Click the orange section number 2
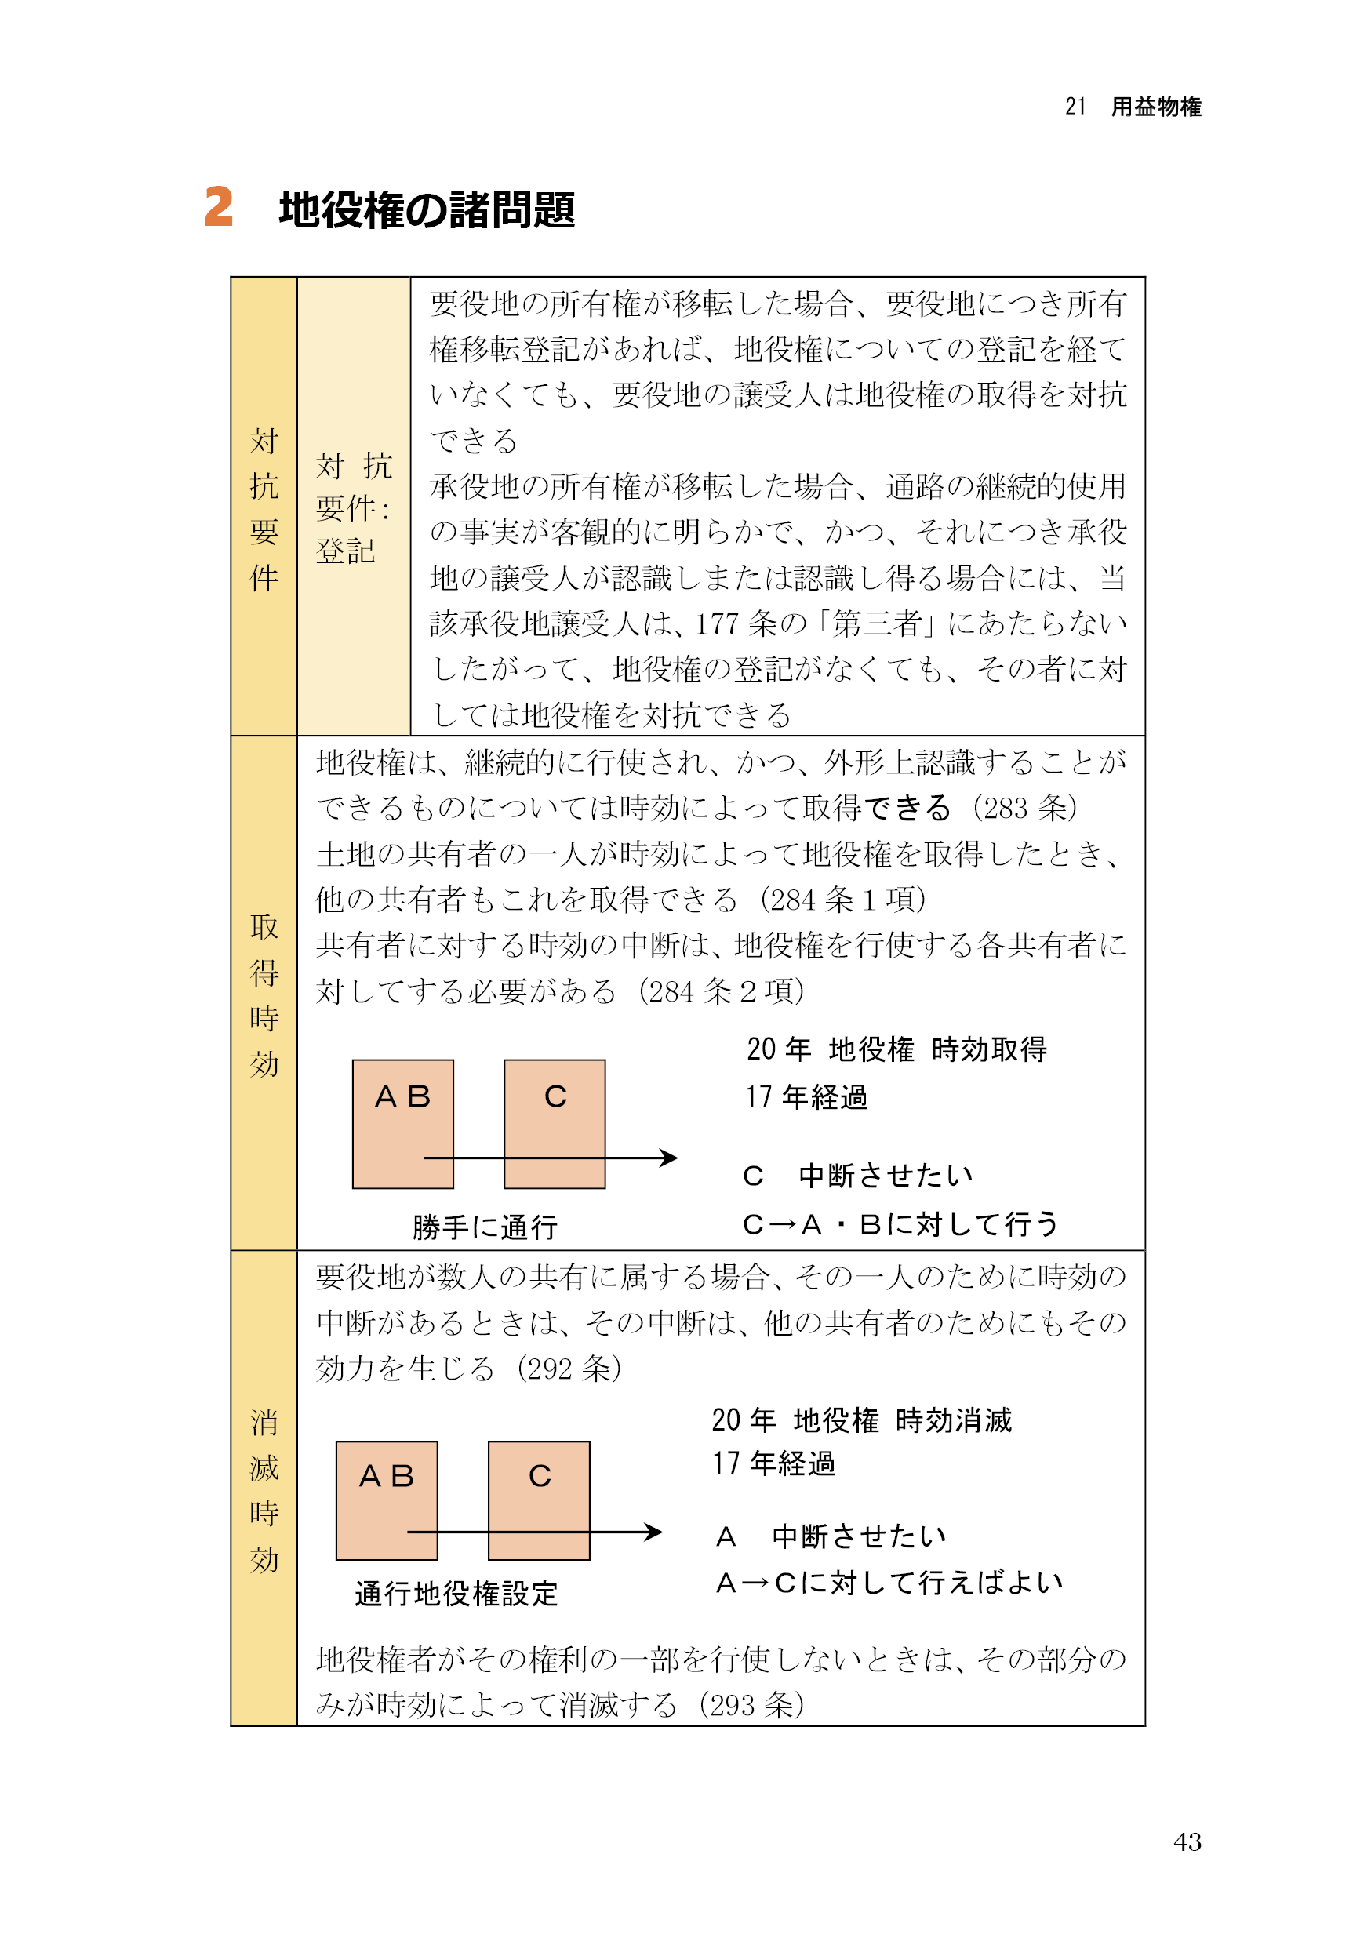219,208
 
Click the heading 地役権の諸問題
427,210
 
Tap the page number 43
1186,1841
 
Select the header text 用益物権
1156,107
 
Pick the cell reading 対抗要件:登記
354,508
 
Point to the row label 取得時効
264,994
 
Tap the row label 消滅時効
264,1490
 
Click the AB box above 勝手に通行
402,1123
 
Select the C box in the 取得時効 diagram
555,1123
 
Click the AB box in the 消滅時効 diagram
387,1500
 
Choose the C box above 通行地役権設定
539,1500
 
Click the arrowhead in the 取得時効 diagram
669,1157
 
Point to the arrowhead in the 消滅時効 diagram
654,1532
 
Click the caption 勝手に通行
485,1227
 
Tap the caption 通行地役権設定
456,1594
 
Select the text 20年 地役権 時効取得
896,1049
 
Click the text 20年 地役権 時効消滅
861,1420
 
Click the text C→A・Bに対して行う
900,1224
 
